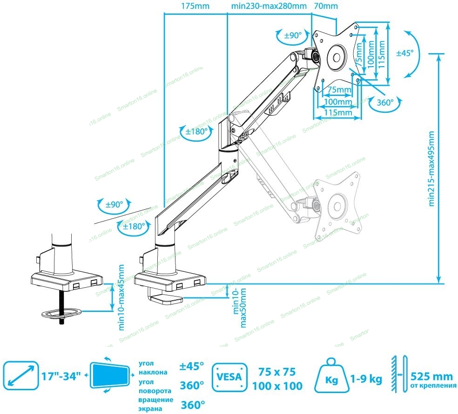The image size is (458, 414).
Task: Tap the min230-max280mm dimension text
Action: (269, 6)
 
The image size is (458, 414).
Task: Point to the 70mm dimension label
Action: (326, 6)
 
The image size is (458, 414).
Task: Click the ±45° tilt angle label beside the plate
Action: (404, 53)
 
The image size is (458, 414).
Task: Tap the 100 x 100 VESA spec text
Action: (277, 386)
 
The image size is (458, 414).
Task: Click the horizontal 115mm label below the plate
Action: (337, 112)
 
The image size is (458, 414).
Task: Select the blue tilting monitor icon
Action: (110, 376)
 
